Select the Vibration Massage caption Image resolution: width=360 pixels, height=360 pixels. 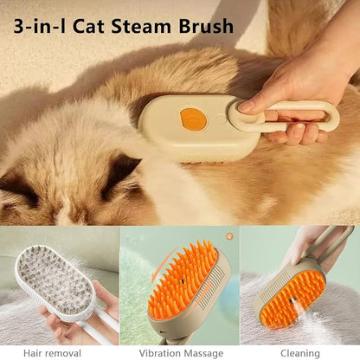(180, 351)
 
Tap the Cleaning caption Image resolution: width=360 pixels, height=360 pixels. (299, 351)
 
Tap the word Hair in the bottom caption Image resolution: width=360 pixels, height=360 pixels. (41, 351)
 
